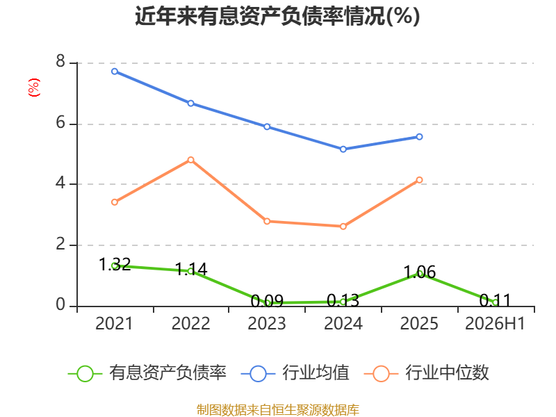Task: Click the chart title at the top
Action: (277, 16)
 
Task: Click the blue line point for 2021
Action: (115, 72)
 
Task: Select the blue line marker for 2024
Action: (343, 149)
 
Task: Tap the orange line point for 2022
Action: (190, 160)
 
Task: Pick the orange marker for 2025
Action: (419, 180)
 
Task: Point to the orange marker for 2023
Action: (267, 221)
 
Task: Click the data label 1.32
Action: (115, 265)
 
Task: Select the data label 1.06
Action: (420, 272)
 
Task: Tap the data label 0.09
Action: (267, 302)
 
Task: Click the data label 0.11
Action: (495, 301)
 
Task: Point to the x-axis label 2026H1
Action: (495, 323)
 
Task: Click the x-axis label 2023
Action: (267, 323)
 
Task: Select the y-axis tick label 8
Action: (60, 61)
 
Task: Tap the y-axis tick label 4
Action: (60, 183)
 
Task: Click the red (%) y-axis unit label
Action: (34, 88)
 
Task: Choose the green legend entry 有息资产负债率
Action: (147, 373)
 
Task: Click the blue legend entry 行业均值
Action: (295, 373)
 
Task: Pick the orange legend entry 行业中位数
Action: (427, 373)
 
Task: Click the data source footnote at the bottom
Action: (278, 410)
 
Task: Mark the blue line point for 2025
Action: (419, 137)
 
